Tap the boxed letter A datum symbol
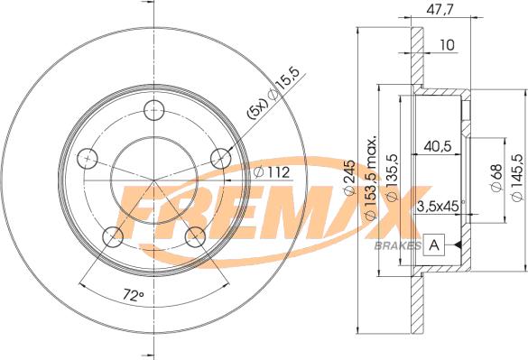coord(435,245)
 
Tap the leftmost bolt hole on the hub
coord(88,157)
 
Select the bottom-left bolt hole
coord(113,235)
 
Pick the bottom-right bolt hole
coord(193,235)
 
